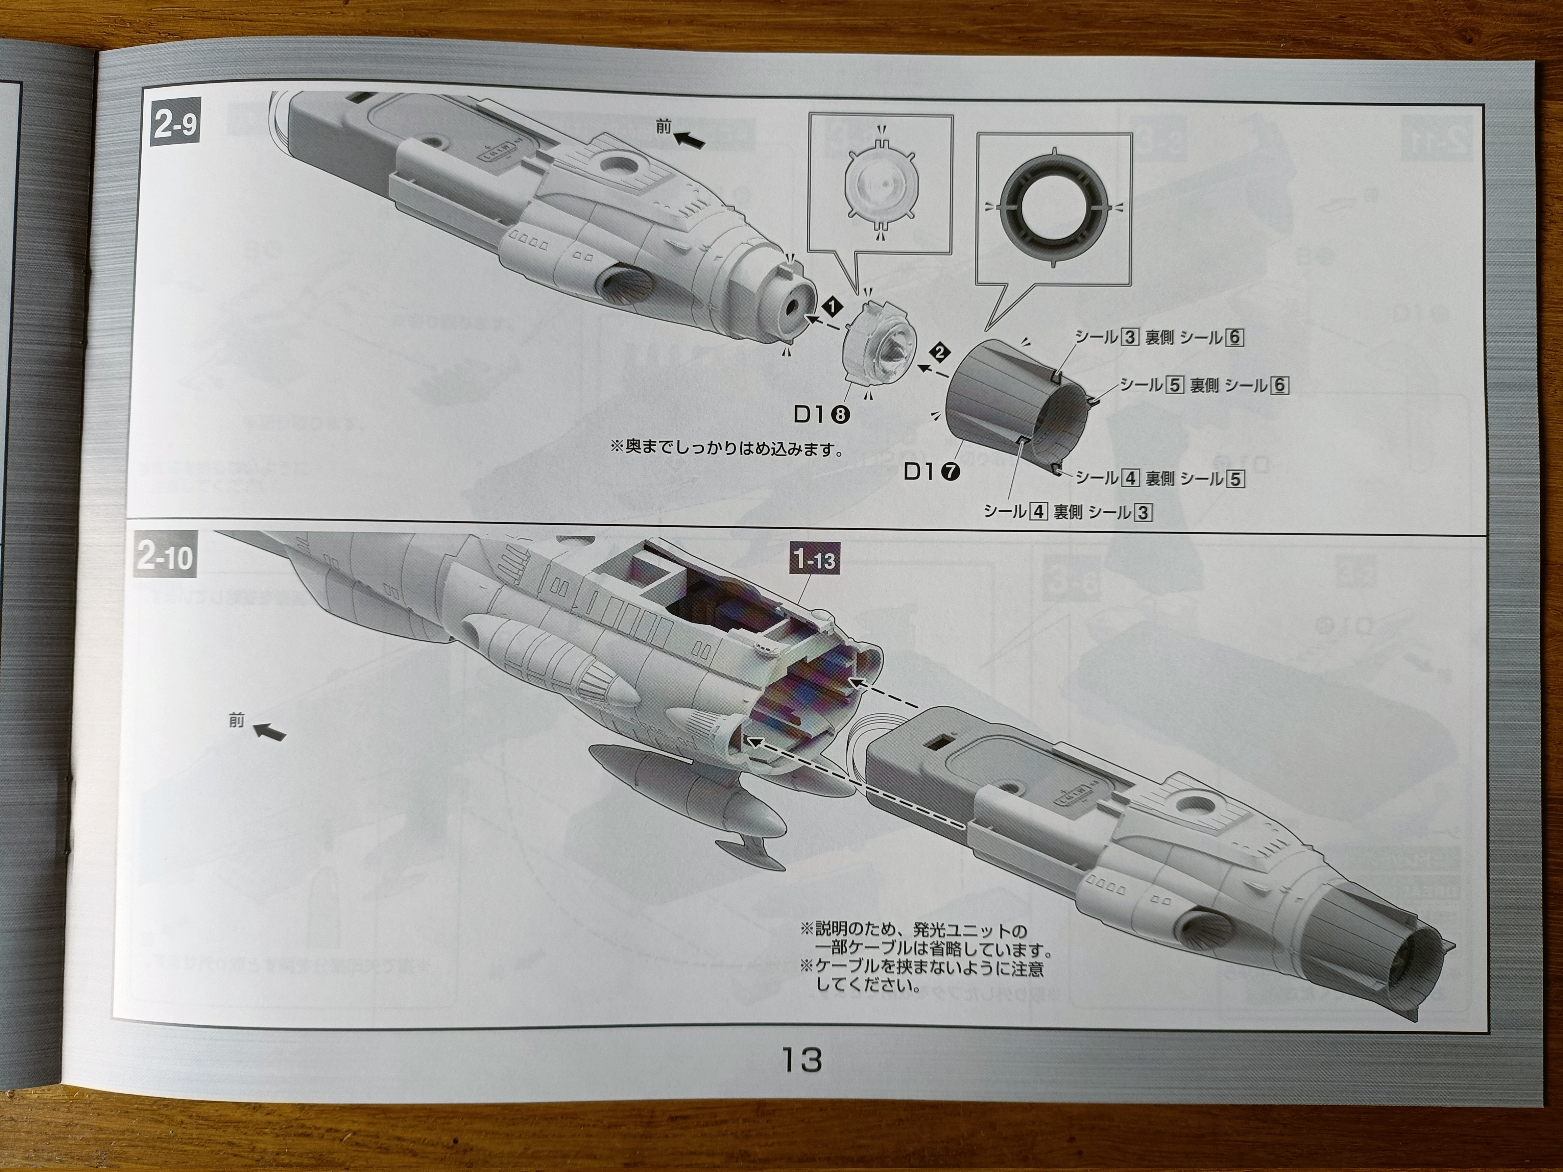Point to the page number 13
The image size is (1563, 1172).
pos(801,1060)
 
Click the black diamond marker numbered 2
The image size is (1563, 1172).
pos(940,352)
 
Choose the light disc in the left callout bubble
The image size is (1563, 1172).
pos(880,187)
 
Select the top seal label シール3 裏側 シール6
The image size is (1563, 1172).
pos(1159,338)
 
